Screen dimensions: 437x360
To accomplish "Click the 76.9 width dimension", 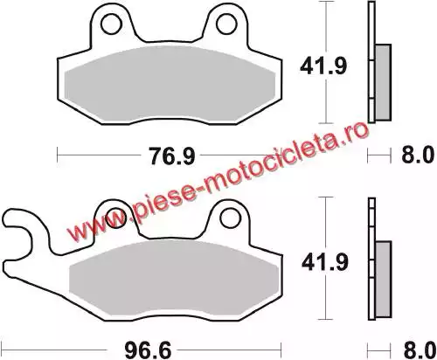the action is click(x=171, y=156).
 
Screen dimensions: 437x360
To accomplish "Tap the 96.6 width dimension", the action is click(x=148, y=350).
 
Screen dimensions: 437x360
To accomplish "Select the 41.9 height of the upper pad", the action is click(x=323, y=66).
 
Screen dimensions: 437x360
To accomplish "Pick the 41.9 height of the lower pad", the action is click(x=325, y=262).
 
